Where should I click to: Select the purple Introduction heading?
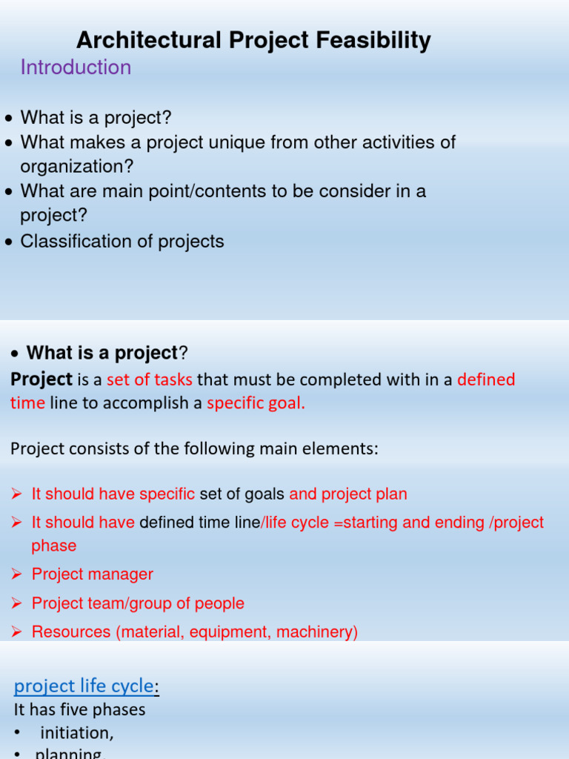pyautogui.click(x=76, y=67)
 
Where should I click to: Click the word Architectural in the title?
pyautogui.click(x=139, y=40)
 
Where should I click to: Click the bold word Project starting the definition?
pyautogui.click(x=41, y=379)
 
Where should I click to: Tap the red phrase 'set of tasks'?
pyautogui.click(x=150, y=379)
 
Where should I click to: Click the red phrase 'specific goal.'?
pyautogui.click(x=256, y=403)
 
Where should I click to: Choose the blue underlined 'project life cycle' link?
pyautogui.click(x=84, y=686)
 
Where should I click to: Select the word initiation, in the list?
pyautogui.click(x=77, y=733)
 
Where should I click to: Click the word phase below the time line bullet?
pyautogui.click(x=53, y=546)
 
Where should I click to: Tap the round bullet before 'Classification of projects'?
pyautogui.click(x=8, y=242)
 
